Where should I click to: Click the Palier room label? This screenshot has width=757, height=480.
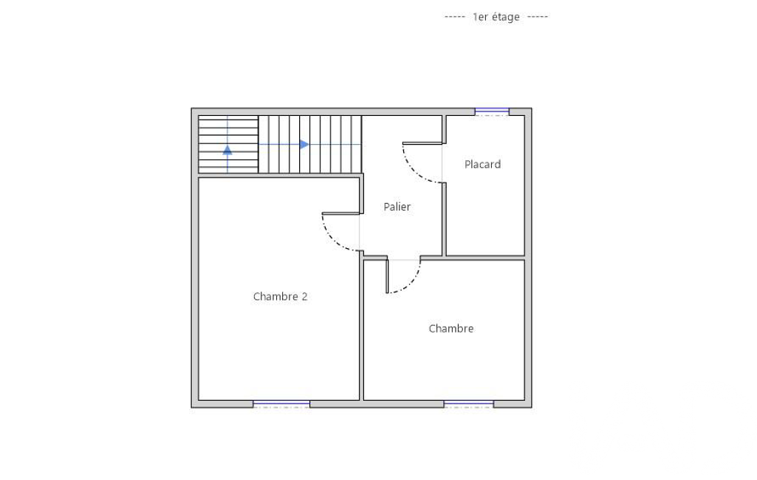click(x=397, y=207)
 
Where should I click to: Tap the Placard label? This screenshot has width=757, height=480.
click(x=482, y=164)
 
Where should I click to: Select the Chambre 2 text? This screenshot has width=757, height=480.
click(x=280, y=297)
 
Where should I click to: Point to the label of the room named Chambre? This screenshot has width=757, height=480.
click(x=451, y=329)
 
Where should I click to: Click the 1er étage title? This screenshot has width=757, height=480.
click(x=496, y=17)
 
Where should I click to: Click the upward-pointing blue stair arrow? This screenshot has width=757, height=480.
click(x=227, y=150)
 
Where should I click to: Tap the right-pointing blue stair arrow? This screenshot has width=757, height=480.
click(x=304, y=145)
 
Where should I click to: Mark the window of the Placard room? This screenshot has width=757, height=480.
click(x=492, y=112)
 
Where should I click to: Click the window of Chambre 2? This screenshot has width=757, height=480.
click(x=281, y=404)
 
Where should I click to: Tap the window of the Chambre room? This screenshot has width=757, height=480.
click(x=468, y=404)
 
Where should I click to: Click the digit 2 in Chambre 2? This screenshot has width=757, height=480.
click(x=304, y=297)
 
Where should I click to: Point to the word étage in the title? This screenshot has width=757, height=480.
click(x=506, y=18)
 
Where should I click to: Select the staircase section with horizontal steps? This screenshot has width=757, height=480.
click(x=228, y=145)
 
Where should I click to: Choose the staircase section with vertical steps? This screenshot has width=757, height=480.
click(x=310, y=145)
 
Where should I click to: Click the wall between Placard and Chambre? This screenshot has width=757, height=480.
click(x=484, y=258)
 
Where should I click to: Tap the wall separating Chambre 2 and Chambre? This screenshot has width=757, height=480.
click(x=361, y=329)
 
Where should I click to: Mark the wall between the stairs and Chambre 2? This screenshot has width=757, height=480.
click(x=279, y=175)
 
